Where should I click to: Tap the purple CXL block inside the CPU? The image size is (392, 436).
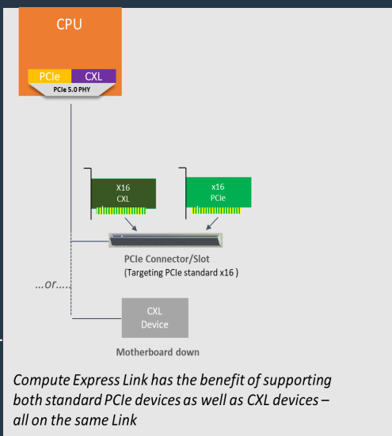93,77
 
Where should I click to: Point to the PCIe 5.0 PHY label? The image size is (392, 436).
71,91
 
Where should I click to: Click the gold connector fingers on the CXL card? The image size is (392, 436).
122,211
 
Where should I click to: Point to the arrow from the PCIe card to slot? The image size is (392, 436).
207,225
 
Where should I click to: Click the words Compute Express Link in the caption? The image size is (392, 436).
78,380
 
